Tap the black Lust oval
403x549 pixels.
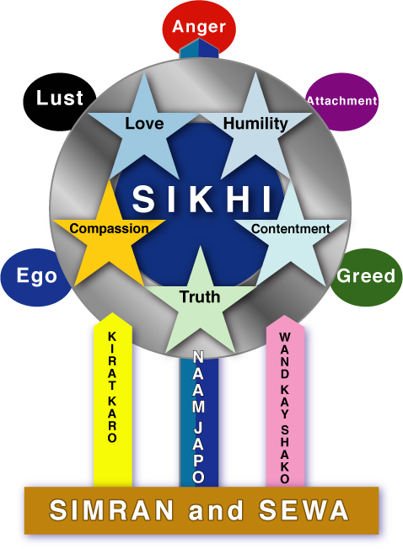coord(60,102)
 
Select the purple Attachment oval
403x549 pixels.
coord(341,102)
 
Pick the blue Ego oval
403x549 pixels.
coord(36,277)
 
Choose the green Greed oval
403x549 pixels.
coord(366,277)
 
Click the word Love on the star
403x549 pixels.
coord(144,123)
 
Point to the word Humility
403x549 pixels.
coord(255,124)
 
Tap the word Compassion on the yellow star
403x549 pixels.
coord(109,229)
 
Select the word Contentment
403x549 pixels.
coord(291,229)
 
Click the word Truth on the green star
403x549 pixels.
coord(200,296)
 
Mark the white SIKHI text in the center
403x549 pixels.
coord(201,199)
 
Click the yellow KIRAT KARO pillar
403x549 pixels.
coord(113,399)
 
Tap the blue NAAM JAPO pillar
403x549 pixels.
coord(199,420)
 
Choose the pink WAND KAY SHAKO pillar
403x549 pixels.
coord(285,401)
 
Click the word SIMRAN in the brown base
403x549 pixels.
coord(111,509)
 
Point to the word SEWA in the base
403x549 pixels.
coord(304,509)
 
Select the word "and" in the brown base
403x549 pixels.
coord(216,509)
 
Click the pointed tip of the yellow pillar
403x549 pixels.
coord(112,312)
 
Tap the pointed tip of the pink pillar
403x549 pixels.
coord(285,315)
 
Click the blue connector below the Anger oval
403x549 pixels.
coord(199,49)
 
